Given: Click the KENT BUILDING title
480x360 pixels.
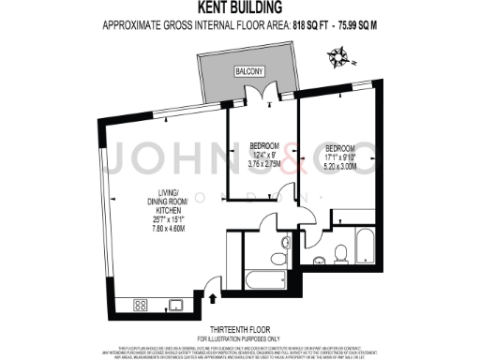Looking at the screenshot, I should (239, 9).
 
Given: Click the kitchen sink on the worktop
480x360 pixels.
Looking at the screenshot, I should (175, 304).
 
